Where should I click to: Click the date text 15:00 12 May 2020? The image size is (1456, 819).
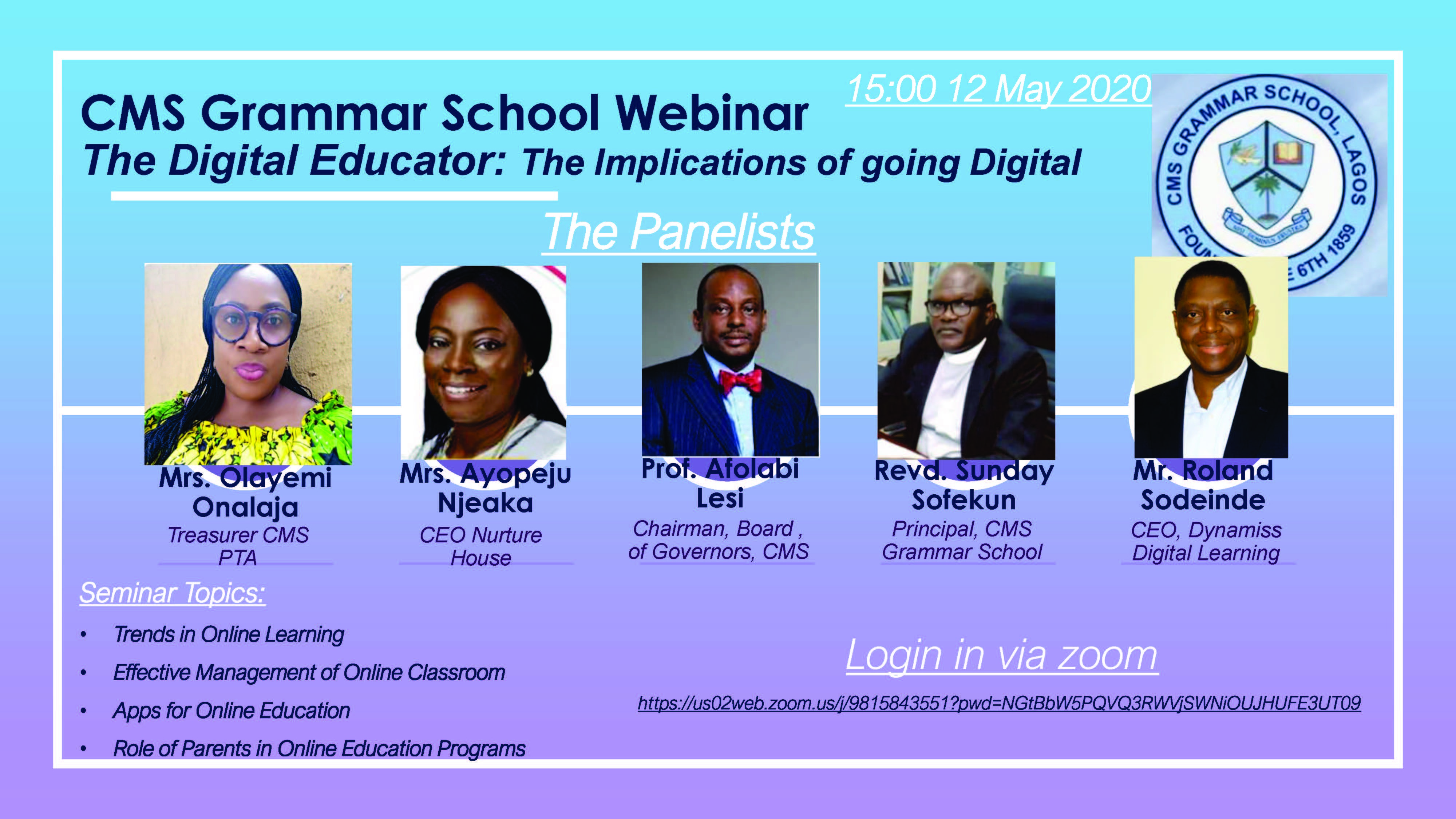(x=998, y=89)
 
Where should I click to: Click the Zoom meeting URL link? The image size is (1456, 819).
(x=999, y=703)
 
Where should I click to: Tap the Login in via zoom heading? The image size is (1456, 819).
(x=1002, y=655)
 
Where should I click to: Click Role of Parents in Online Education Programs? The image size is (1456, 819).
(x=319, y=748)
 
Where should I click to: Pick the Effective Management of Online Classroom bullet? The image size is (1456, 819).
(x=309, y=673)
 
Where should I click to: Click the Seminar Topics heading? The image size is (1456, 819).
(x=173, y=593)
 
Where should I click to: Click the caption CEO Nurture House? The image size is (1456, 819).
(x=481, y=546)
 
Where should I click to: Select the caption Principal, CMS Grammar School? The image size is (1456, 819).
(x=962, y=540)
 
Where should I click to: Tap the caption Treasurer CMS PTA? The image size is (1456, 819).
(x=238, y=546)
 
